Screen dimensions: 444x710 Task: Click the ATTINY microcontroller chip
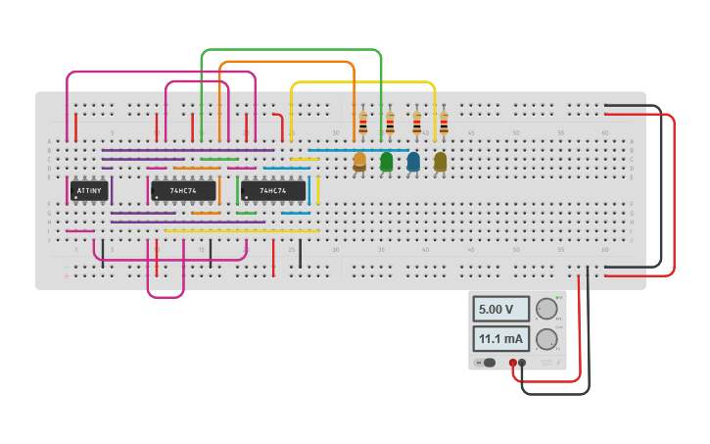point(89,190)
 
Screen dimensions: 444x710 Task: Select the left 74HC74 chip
point(183,190)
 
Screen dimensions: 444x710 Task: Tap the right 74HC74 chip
point(273,190)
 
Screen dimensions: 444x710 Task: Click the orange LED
point(359,161)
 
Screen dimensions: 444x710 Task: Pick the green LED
point(387,161)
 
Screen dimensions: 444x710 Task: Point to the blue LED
point(413,161)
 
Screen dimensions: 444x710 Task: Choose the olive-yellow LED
point(441,161)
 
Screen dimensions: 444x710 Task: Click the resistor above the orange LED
point(363,123)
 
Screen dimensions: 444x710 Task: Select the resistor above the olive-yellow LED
point(444,123)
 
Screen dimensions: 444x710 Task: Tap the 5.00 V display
point(500,309)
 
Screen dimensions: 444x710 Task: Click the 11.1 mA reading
point(500,339)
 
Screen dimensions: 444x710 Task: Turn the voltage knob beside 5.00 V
point(546,309)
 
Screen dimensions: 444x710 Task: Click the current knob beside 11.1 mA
point(546,339)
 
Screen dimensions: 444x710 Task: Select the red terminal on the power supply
point(512,363)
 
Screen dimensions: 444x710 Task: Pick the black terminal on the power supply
point(522,363)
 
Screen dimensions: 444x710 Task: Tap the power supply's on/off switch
point(484,363)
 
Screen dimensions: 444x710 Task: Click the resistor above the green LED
point(390,123)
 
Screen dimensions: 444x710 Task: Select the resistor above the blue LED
point(416,123)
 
